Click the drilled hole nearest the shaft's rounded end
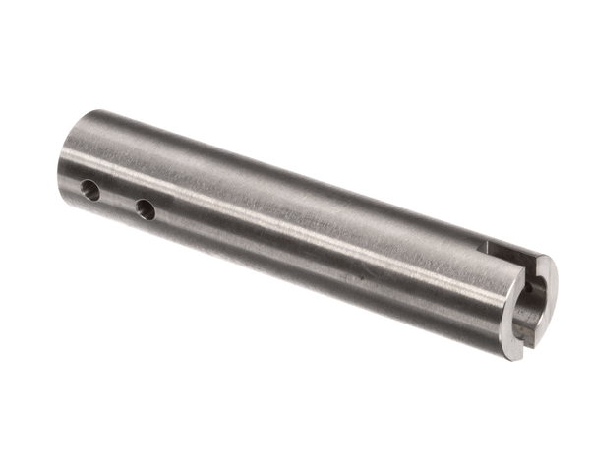(x=90, y=191)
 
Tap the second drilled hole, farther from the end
(x=145, y=209)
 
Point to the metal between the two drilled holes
(x=118, y=200)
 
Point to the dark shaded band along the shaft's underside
(x=295, y=285)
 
